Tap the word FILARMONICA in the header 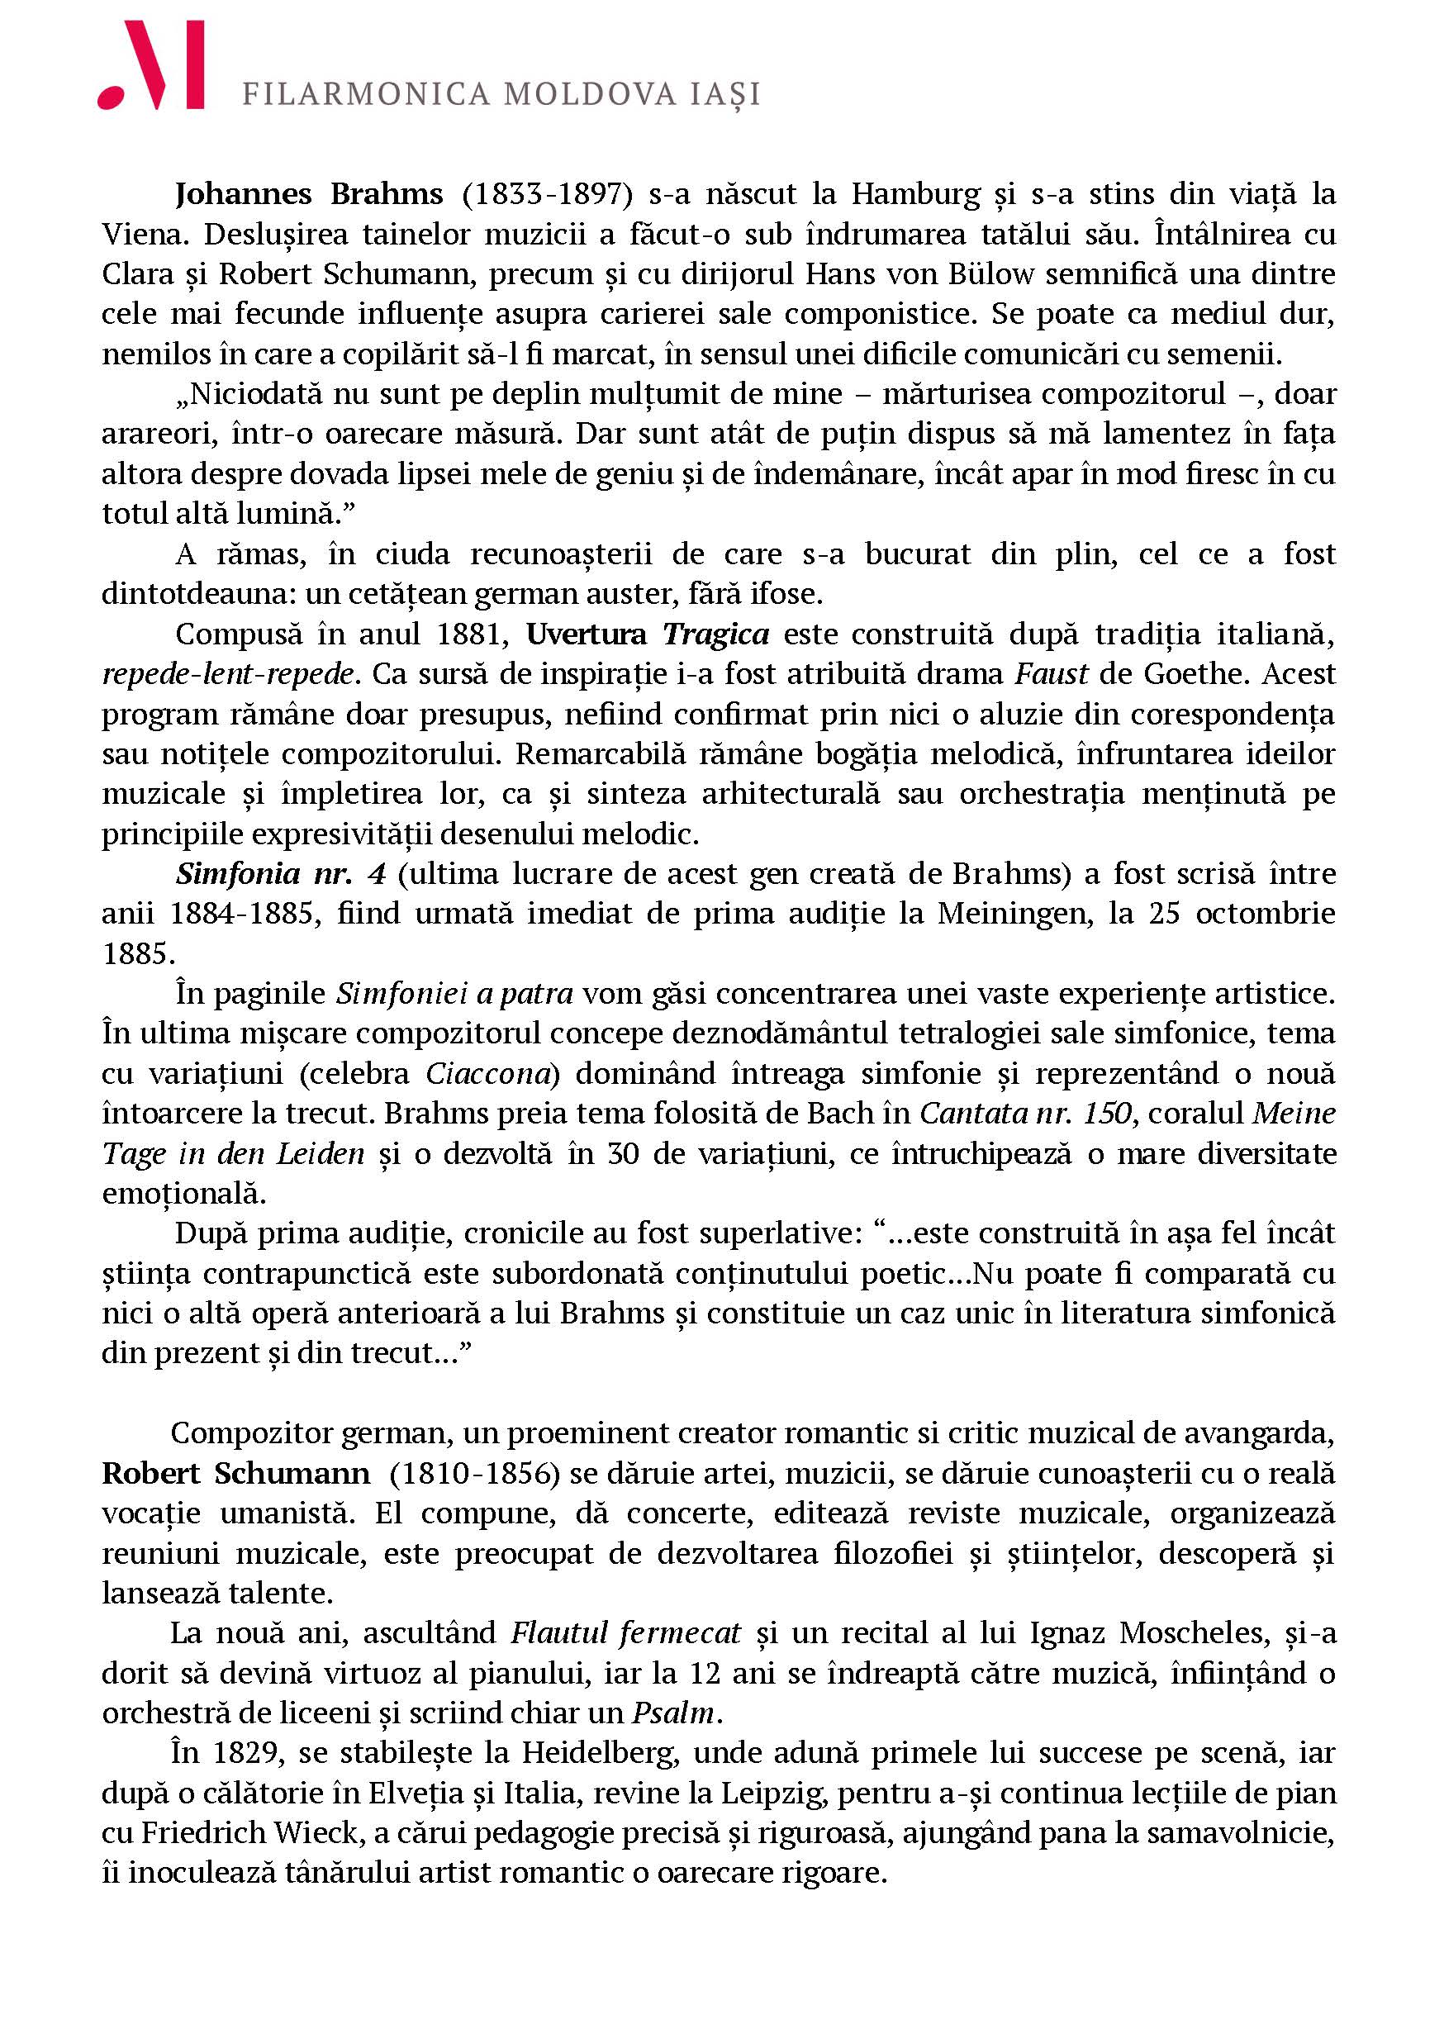366,94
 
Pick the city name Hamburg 915,194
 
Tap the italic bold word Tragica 715,634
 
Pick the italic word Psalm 673,1713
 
